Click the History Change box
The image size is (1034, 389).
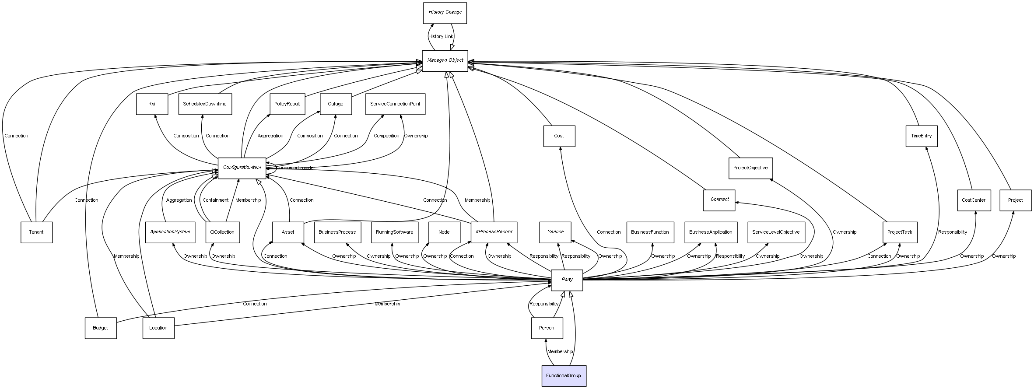point(445,13)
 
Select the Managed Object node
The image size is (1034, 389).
point(445,61)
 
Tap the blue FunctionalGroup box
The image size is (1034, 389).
point(564,376)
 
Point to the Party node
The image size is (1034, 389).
point(567,280)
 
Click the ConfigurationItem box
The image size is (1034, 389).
point(242,168)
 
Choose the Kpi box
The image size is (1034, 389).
point(152,104)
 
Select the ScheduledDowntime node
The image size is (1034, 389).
point(205,104)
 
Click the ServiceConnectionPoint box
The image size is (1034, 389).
point(395,104)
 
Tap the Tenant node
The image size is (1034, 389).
point(36,232)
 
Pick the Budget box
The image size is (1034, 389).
point(101,328)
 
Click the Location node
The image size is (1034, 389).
point(158,328)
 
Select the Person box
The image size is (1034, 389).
point(547,328)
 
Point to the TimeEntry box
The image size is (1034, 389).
point(921,136)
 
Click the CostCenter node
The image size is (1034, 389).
point(974,200)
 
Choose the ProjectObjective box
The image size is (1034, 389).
point(750,168)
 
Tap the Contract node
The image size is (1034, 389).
point(719,200)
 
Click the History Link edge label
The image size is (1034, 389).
point(441,37)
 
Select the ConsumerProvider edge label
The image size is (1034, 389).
point(295,168)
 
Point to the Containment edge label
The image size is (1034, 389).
point(215,200)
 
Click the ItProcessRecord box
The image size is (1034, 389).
point(494,232)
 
